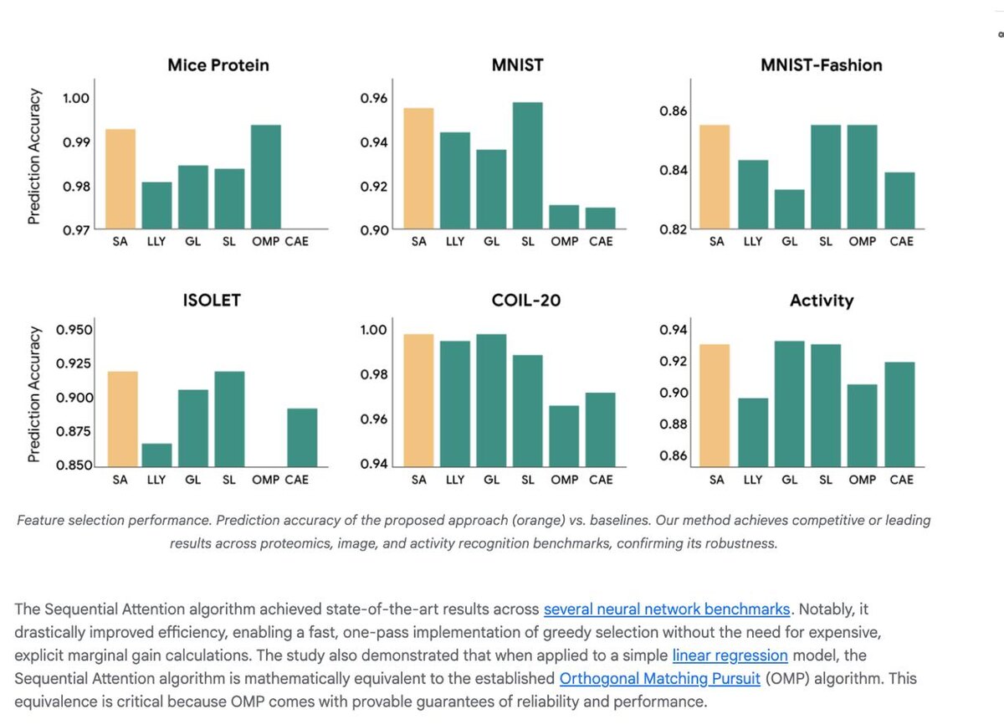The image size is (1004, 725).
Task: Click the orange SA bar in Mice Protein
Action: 120,179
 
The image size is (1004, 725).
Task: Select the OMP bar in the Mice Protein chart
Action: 265,177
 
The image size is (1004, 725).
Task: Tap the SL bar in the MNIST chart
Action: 527,166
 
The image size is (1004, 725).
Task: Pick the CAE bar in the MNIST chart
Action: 600,219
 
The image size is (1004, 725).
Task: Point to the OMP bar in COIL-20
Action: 564,435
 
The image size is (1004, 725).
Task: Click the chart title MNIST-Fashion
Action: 821,64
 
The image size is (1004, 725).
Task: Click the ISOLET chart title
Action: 212,300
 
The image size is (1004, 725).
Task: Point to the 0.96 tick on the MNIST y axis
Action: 374,99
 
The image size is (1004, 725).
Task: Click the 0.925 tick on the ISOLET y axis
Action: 74,364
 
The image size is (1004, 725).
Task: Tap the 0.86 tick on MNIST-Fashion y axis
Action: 674,111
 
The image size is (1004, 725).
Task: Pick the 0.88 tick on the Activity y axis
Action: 674,424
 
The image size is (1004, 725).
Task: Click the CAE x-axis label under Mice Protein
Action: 296,241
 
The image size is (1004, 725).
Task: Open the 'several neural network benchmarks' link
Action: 666,609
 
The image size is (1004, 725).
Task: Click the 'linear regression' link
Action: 730,655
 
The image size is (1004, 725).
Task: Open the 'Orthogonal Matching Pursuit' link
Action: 659,678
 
